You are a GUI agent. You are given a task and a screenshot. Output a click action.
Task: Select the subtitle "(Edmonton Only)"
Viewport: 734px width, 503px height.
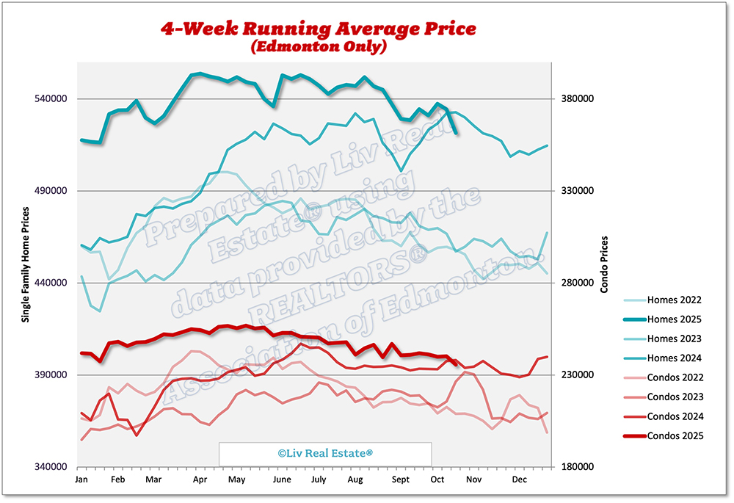(x=318, y=48)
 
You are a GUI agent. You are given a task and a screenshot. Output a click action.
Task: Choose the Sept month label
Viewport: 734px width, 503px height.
(x=401, y=480)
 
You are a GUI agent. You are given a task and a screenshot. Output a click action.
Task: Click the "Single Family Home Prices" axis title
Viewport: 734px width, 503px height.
(x=26, y=264)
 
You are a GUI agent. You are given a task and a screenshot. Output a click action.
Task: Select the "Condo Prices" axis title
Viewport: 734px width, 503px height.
(x=604, y=264)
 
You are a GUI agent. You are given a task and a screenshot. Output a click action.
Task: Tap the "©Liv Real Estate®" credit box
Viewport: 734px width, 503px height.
(x=325, y=454)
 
